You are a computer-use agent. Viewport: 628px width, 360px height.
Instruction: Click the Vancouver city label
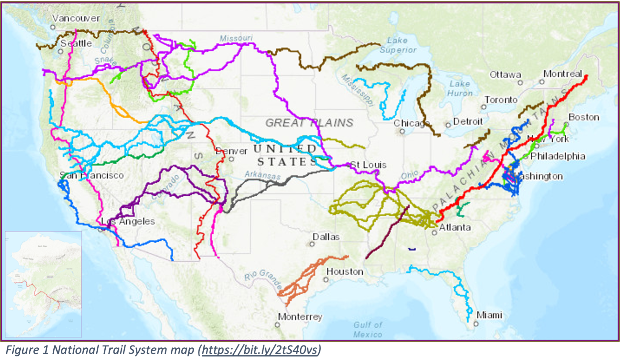76,18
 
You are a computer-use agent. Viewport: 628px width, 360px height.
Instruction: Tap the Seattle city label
76,43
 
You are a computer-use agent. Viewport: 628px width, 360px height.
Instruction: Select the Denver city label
231,151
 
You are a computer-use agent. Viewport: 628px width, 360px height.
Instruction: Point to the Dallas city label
326,237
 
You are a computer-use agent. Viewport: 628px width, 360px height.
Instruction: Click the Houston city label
345,272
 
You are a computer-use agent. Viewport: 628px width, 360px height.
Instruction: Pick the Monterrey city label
300,317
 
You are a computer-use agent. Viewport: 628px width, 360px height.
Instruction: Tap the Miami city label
489,315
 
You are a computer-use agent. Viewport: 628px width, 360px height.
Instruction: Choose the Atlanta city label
454,228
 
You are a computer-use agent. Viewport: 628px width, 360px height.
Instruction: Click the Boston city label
584,117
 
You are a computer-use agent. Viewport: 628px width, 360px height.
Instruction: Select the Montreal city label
562,74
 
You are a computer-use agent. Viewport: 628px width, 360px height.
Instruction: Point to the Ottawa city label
505,75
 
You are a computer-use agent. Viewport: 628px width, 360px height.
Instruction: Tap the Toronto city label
501,100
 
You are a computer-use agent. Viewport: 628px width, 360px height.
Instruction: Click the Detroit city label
468,122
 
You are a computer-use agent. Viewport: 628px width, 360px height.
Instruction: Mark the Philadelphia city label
558,156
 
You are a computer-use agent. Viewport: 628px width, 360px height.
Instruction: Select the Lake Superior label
398,45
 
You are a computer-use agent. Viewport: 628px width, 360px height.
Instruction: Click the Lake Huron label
460,88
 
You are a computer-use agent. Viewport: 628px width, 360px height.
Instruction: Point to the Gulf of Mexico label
368,329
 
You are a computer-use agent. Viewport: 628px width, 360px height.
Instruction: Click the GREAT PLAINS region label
309,123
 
